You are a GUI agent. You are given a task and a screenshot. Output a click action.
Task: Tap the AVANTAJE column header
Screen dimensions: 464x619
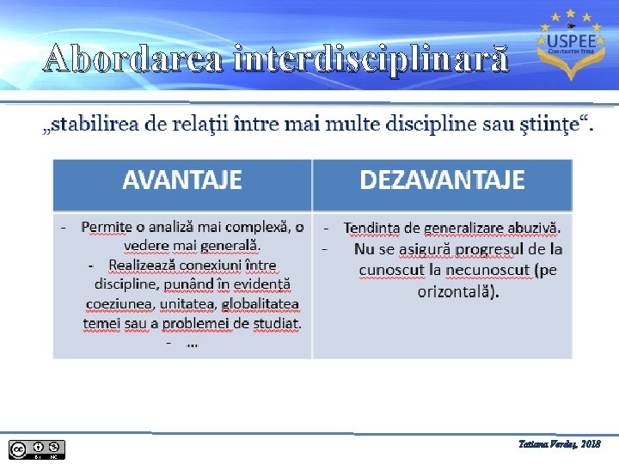click(181, 180)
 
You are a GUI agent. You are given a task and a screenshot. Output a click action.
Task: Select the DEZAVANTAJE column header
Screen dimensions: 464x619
click(442, 180)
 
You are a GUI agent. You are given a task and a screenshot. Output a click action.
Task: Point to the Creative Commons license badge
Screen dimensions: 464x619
click(37, 449)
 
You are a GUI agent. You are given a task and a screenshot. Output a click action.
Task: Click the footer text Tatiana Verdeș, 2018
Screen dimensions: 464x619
click(561, 444)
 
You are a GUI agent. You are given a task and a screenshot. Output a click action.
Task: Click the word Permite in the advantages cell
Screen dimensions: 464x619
click(107, 228)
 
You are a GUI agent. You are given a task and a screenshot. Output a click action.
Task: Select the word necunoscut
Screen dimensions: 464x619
click(487, 271)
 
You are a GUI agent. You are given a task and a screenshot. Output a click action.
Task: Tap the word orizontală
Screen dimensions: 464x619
click(457, 291)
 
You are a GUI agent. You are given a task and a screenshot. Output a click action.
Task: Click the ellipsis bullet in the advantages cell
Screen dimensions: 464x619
click(192, 343)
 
